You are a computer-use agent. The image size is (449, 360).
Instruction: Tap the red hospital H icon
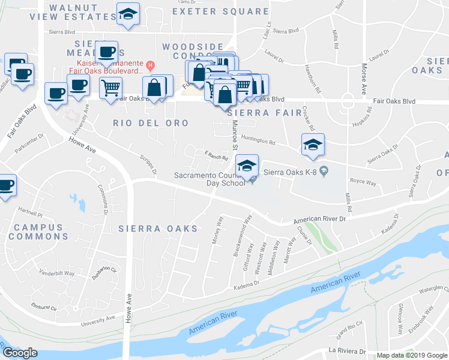click(151, 65)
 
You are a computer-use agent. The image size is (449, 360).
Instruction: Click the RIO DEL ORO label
click(151, 123)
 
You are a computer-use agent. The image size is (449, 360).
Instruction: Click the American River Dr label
click(320, 221)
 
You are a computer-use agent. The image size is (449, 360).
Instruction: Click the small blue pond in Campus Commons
click(76, 199)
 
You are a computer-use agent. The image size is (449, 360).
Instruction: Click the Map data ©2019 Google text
click(411, 355)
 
